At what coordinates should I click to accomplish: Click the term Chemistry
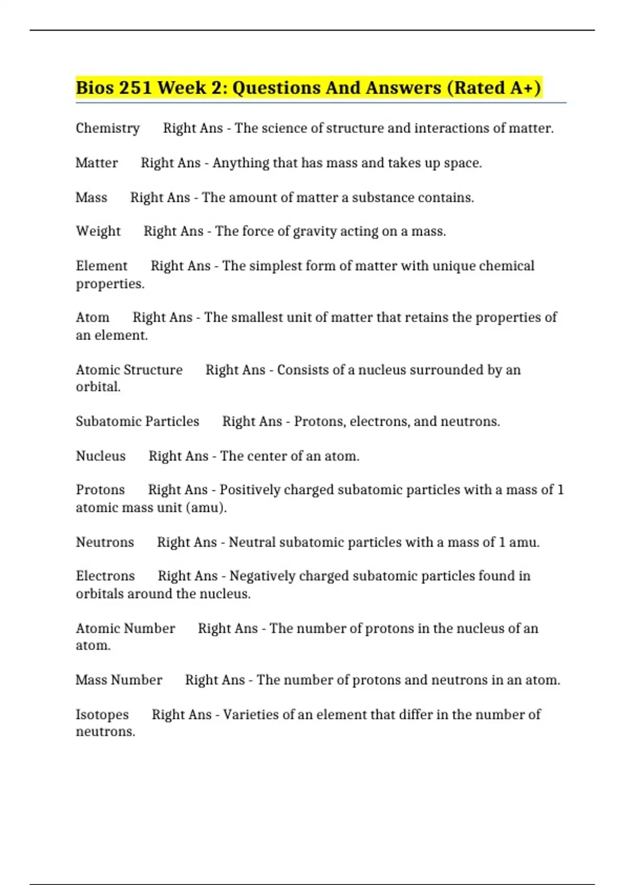(x=108, y=128)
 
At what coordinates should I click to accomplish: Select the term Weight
(x=98, y=231)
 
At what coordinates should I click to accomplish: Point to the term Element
(x=102, y=266)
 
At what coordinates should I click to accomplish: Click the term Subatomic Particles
(x=137, y=421)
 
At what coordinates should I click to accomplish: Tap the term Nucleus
(x=101, y=456)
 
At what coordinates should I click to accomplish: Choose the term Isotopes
(x=102, y=714)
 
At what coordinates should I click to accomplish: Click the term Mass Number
(x=119, y=680)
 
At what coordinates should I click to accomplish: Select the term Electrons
(x=105, y=576)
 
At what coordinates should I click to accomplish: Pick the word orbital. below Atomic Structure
(x=98, y=387)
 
